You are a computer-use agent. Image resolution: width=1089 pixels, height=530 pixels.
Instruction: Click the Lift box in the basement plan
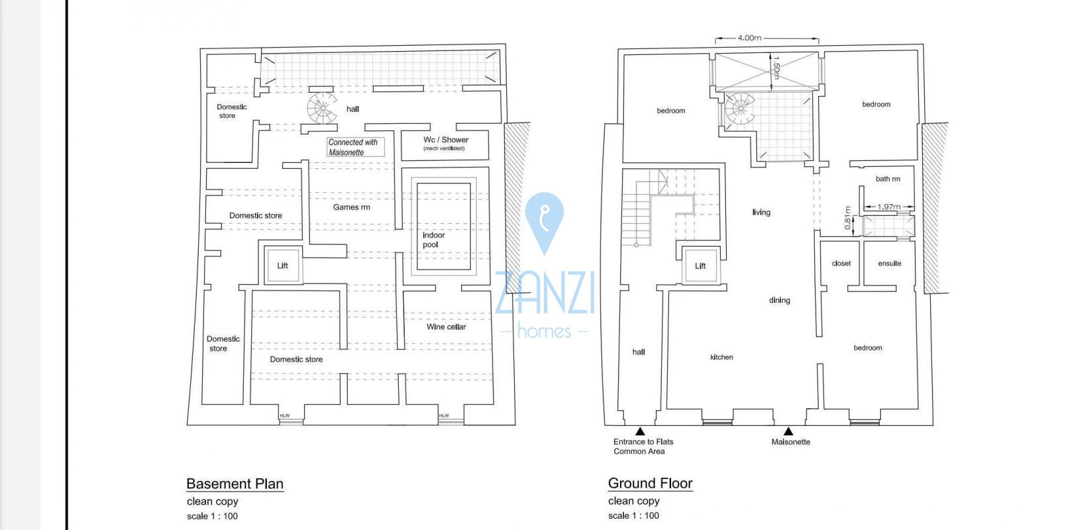pos(283,266)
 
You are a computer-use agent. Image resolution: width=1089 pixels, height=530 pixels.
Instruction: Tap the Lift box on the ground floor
pos(700,266)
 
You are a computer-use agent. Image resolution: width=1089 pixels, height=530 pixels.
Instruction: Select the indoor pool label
pos(434,240)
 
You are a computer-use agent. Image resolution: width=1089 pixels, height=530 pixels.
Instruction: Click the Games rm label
pos(352,207)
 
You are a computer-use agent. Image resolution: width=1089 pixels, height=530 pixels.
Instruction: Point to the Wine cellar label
pos(446,327)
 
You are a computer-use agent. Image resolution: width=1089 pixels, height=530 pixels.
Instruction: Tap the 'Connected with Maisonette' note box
pos(356,147)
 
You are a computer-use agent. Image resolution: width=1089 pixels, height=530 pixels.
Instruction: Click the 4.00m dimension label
pos(749,38)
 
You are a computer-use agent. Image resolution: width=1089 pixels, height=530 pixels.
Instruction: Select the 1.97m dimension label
pos(889,207)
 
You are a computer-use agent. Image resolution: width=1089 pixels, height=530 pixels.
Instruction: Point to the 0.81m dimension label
pos(848,218)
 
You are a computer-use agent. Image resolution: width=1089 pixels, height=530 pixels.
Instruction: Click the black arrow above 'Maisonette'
pos(788,431)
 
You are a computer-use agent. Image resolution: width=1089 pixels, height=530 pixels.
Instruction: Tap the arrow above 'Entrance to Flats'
pos(641,431)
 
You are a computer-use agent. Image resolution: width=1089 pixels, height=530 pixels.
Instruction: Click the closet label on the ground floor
pos(841,264)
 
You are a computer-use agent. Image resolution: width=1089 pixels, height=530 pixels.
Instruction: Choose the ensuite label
pos(889,264)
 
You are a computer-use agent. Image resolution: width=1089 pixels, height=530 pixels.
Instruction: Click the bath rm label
pos(888,179)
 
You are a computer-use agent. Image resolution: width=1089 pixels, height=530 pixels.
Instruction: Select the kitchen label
pos(721,357)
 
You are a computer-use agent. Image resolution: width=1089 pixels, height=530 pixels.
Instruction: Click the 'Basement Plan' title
pos(234,484)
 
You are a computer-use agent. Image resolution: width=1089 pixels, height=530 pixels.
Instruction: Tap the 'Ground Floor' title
pos(650,484)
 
